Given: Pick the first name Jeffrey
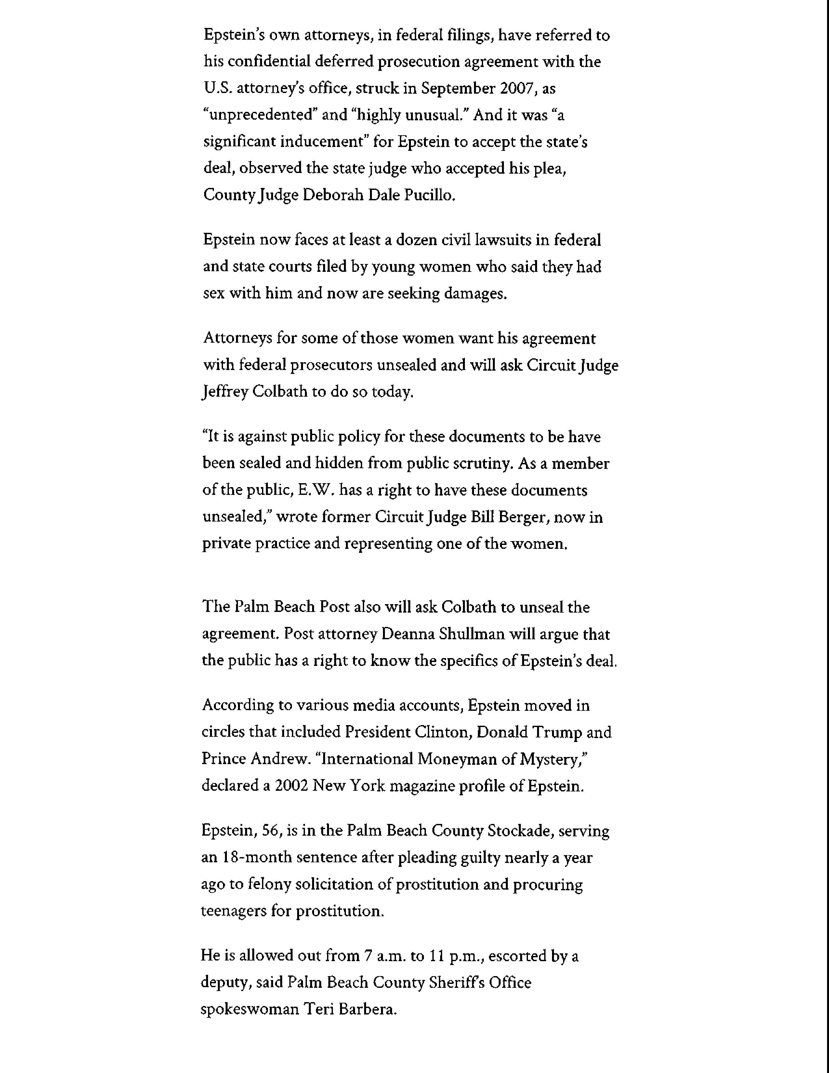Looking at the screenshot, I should [x=225, y=392].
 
